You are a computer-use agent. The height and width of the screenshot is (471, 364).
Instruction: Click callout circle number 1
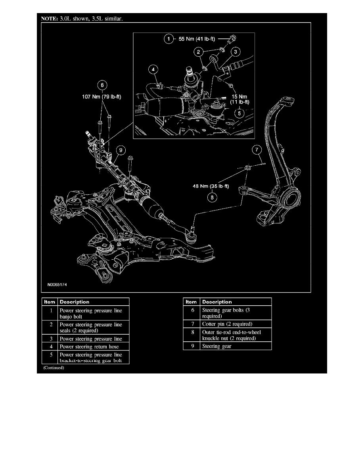tap(169, 38)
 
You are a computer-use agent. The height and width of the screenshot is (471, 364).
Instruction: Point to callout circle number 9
tap(120, 150)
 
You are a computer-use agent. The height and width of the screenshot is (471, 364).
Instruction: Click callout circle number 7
tap(257, 150)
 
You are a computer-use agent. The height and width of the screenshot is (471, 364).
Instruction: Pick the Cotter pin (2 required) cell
tap(224, 324)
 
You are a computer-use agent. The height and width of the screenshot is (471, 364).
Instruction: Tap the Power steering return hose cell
tap(89, 347)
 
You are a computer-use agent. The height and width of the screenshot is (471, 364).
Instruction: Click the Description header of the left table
tap(75, 302)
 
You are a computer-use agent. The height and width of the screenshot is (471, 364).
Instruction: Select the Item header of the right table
tap(191, 302)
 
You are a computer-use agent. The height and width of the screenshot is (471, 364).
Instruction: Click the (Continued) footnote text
tap(54, 368)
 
